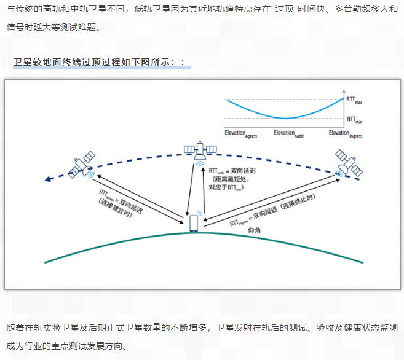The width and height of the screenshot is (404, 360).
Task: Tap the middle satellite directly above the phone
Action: tap(200, 151)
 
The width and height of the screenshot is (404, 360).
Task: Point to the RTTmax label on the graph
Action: tap(354, 100)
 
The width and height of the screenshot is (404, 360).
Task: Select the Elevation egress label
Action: tap(240, 134)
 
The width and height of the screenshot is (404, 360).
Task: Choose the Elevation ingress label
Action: tap(345, 134)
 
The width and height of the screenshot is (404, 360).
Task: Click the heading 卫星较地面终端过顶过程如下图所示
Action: tap(98, 63)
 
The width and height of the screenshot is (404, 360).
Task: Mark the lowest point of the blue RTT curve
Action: tap(284, 118)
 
